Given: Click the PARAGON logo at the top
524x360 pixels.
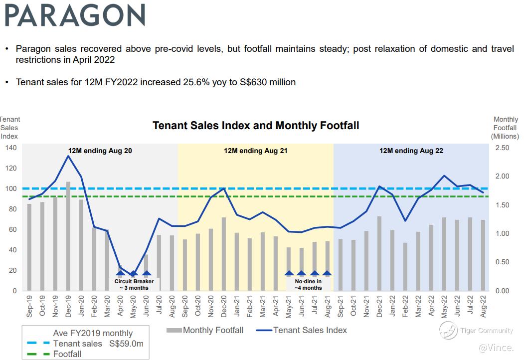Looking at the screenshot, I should click(75, 15).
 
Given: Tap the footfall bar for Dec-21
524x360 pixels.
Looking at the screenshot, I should click(379, 253).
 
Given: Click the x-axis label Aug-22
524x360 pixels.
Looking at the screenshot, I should click(483, 305).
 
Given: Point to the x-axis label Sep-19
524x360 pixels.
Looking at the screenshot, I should click(29, 305).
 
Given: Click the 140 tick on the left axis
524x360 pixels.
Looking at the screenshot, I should click(11, 148).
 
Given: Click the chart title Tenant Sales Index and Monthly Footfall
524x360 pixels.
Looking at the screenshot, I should click(256, 125).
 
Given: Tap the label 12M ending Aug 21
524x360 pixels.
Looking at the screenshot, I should click(255, 151).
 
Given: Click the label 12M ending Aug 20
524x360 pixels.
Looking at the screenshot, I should click(100, 151).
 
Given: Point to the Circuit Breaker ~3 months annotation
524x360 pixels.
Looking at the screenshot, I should click(134, 284).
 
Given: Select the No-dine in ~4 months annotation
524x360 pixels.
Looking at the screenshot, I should click(308, 284).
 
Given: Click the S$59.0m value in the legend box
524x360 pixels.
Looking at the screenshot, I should click(127, 344).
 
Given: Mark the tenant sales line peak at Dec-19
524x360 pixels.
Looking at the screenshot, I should click(68, 156).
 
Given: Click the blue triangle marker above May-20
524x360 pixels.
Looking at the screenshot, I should click(133, 273).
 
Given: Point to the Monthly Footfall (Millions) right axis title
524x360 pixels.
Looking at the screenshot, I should click(505, 128).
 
